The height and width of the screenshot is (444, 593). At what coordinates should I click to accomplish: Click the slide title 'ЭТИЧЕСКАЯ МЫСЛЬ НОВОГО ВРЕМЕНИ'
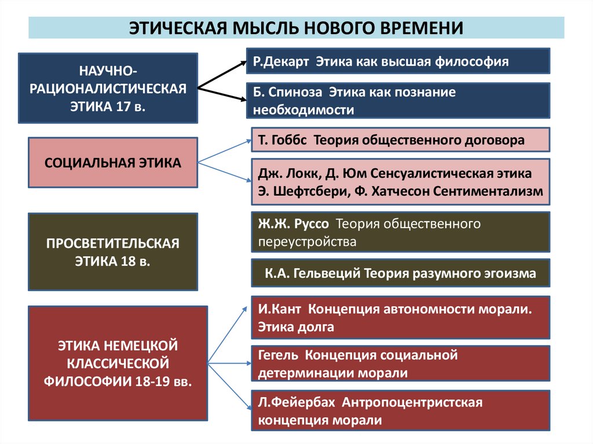pos(296,28)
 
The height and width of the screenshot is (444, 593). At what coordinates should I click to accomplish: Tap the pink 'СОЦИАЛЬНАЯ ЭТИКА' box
pos(113,163)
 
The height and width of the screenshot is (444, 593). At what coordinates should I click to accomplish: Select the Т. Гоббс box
pos(400,140)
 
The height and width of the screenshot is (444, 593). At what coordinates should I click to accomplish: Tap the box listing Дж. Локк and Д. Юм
pos(400,182)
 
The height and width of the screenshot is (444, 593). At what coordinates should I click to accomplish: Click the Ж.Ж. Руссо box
pos(400,232)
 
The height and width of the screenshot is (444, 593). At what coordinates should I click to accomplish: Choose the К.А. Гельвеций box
pos(400,273)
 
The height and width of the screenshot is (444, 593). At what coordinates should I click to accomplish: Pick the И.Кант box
pos(400,317)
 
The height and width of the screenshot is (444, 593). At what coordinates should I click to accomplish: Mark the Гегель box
pos(400,364)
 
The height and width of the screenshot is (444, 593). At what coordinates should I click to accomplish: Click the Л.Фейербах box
pos(400,410)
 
